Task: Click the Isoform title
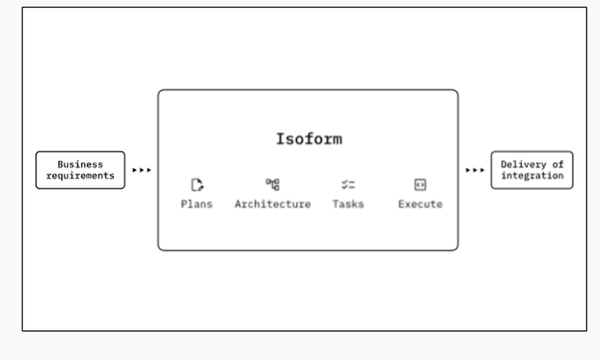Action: coord(309,139)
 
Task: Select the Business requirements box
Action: coord(80,170)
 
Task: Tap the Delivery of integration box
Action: coord(532,170)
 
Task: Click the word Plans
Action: coord(197,204)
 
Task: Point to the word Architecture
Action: coord(273,204)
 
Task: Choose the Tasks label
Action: coord(348,204)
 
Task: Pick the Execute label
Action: coord(420,204)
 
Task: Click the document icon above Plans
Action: coord(197,185)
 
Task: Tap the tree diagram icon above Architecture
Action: coord(273,184)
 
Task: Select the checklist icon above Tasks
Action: coord(348,185)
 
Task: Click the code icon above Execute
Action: coord(420,185)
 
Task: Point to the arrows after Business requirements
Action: coord(142,170)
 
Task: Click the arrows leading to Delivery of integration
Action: coord(475,170)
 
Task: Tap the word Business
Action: coord(80,164)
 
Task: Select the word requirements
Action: coord(80,176)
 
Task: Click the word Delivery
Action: coord(523,164)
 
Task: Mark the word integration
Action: coord(532,176)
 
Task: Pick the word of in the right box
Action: coord(558,164)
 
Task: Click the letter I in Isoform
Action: coord(280,139)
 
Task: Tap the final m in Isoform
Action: coord(337,140)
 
